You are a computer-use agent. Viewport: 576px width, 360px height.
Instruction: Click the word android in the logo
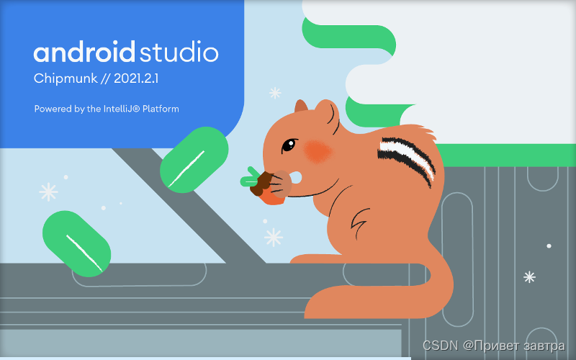coord(84,53)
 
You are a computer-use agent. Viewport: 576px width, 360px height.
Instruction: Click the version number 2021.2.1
coord(135,79)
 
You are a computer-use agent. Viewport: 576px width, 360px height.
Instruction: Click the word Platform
coord(161,109)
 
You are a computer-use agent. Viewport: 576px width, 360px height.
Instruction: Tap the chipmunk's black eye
coord(288,145)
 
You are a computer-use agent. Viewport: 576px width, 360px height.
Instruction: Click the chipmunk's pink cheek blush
coord(317,150)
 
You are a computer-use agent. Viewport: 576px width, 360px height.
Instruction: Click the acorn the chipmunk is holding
coord(265,185)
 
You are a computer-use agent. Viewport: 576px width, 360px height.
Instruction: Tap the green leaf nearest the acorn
coord(194,158)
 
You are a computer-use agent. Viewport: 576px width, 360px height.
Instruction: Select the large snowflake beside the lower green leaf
coord(48,192)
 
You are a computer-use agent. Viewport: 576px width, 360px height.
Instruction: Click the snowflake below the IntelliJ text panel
coord(274,93)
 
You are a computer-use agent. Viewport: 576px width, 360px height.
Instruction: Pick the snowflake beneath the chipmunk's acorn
coord(274,237)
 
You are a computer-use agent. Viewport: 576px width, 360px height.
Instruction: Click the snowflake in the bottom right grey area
coord(529,276)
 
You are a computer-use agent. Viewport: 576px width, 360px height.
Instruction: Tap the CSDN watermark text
coord(440,347)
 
